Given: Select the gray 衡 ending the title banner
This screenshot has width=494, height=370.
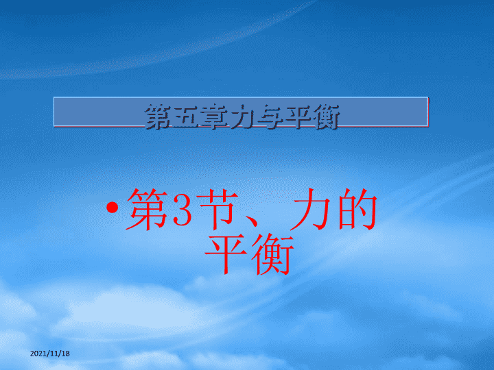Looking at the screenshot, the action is (x=325, y=117).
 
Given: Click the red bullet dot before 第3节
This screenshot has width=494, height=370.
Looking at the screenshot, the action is (x=113, y=208).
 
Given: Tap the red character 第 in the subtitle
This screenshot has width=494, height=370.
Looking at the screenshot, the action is (x=147, y=209).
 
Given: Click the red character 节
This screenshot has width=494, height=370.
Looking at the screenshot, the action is (x=218, y=209).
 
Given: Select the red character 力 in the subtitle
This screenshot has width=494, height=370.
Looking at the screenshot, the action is (x=310, y=209).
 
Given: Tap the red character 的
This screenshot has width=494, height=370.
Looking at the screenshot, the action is (x=357, y=209).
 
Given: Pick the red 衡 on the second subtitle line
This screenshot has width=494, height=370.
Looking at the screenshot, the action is (x=273, y=254).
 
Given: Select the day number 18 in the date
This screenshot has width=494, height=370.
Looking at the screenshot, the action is (x=64, y=354).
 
